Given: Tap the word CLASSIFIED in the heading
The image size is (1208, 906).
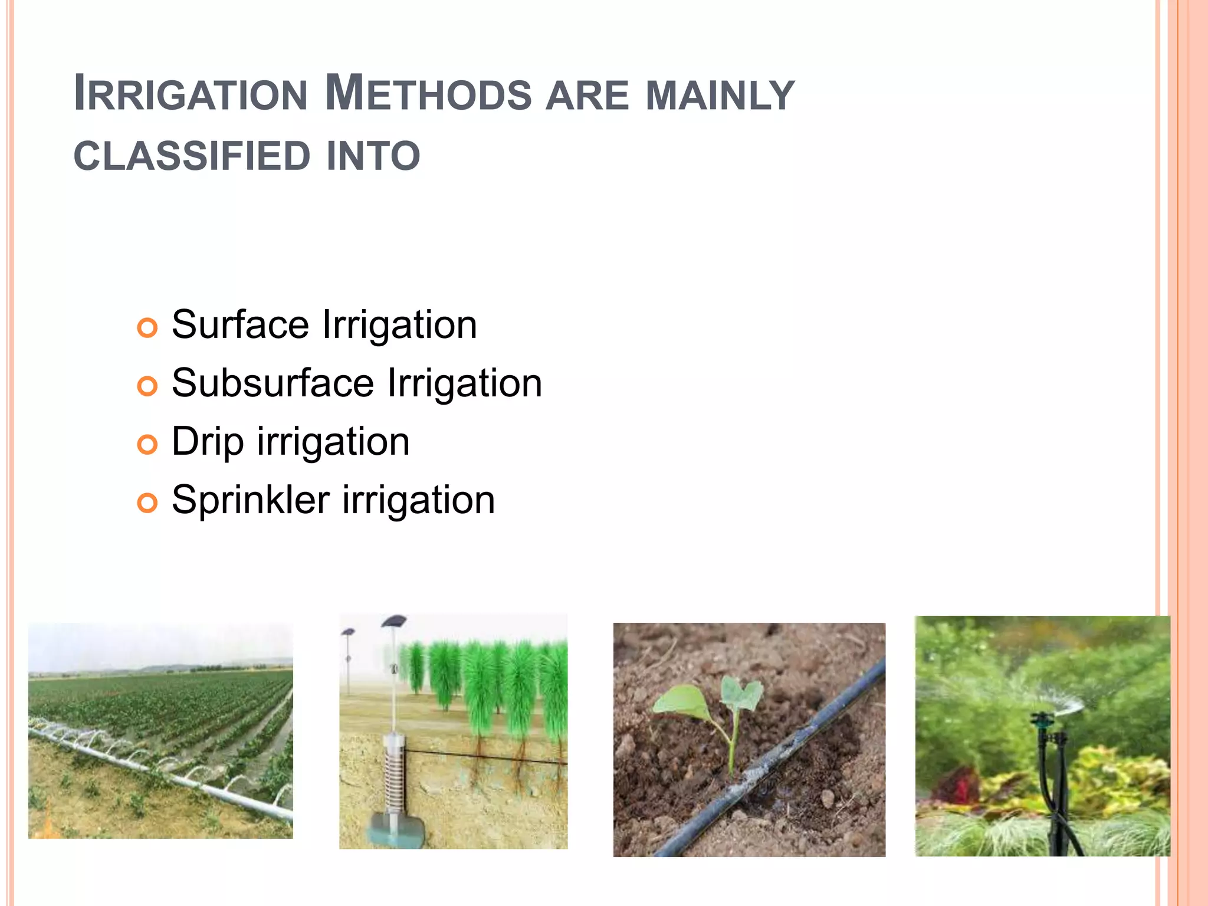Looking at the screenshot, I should (x=192, y=156).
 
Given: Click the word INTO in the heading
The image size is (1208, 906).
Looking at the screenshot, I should (x=373, y=156).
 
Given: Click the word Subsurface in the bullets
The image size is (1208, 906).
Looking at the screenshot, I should (x=273, y=383).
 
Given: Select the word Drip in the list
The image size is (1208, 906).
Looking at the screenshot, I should (x=207, y=442).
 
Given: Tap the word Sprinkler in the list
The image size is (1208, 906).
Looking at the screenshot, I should (x=250, y=500).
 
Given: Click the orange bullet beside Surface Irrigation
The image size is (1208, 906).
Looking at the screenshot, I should (x=147, y=328).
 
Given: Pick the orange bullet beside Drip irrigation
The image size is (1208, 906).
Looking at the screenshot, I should (x=147, y=445).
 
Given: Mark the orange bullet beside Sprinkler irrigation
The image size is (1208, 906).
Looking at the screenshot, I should (x=147, y=503).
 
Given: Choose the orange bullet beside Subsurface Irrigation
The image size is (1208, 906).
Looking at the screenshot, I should (x=147, y=386).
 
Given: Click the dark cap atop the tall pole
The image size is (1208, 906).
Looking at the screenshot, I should (x=394, y=621).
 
